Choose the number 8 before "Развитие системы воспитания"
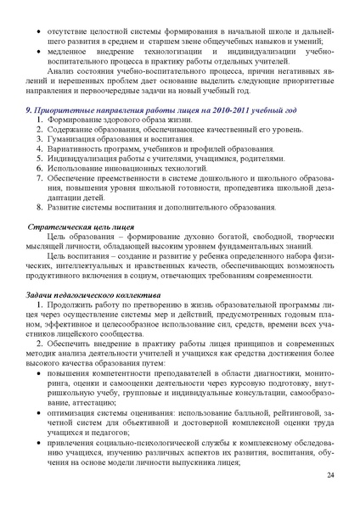point(40,206)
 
